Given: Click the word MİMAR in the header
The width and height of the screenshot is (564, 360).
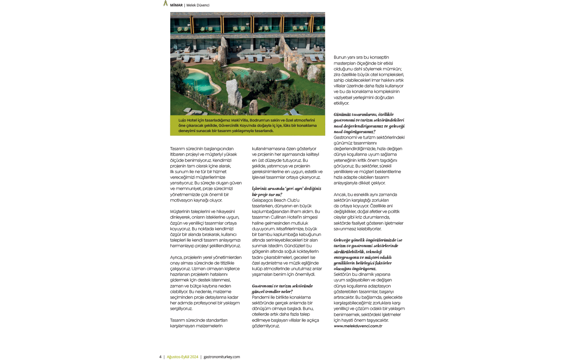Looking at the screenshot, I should point(176,5).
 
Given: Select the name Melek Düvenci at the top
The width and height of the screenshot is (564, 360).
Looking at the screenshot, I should point(198,5).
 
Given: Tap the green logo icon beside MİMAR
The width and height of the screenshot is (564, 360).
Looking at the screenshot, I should point(165,3).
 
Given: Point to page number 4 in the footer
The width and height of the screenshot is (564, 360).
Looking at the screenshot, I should point(160,357).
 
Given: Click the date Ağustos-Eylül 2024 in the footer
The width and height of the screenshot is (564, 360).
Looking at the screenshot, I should point(182,357).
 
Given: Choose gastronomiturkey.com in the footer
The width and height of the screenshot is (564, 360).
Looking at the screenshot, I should point(221,357).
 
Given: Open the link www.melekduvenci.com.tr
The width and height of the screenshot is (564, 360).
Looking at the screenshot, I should point(358,326).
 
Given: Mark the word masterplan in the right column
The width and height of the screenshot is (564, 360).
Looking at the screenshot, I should point(345,63).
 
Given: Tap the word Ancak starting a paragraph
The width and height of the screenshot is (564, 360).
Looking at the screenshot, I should point(340,195).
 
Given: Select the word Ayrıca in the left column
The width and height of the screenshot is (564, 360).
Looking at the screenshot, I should point(176,258).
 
